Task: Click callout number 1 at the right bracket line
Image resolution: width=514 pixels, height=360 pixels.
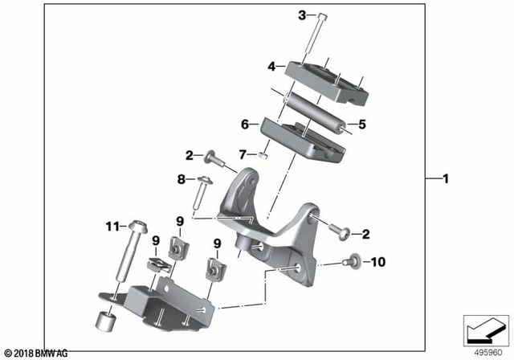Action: tap(444, 178)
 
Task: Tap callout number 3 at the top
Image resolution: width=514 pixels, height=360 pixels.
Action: tap(302, 14)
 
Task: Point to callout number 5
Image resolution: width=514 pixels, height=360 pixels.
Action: tap(361, 125)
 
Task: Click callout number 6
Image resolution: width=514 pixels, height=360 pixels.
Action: tap(243, 125)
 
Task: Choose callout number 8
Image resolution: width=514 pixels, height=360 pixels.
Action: tap(181, 179)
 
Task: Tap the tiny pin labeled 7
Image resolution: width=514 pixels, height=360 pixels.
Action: tap(263, 154)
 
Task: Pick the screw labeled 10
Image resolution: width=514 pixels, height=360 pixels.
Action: tap(350, 261)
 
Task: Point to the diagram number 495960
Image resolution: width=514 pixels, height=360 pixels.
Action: tap(482, 351)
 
